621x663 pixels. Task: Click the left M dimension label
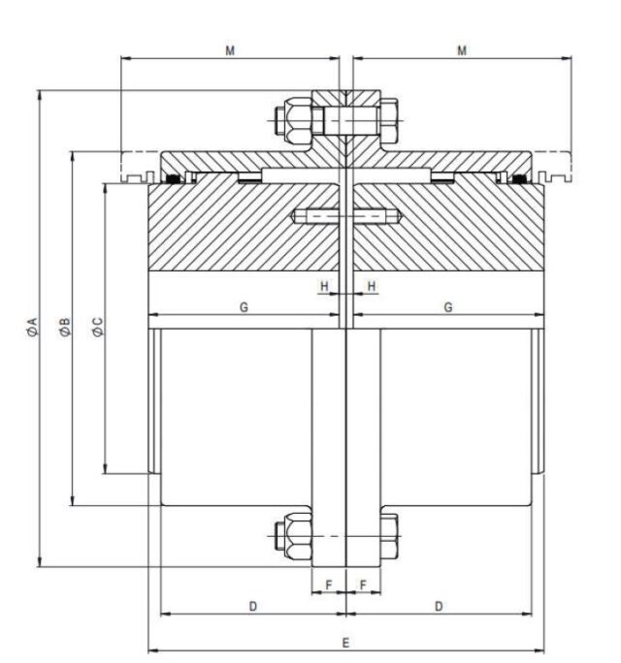[230, 50]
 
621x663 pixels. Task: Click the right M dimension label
[462, 50]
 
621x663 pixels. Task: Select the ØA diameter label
[32, 328]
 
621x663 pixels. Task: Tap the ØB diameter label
[65, 328]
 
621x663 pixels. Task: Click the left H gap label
[324, 286]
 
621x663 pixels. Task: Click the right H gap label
[372, 286]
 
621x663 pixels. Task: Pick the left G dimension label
[244, 307]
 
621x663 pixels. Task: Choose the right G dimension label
[448, 307]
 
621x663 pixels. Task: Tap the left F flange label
[329, 585]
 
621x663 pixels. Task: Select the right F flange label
[363, 585]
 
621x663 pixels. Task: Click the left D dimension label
[252, 607]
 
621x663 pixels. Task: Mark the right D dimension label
[439, 607]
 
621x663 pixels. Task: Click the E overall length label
[345, 644]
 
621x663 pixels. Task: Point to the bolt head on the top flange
[389, 120]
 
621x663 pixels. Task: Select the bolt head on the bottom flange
[389, 536]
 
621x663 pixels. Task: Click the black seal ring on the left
[173, 179]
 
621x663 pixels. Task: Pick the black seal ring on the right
[519, 179]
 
